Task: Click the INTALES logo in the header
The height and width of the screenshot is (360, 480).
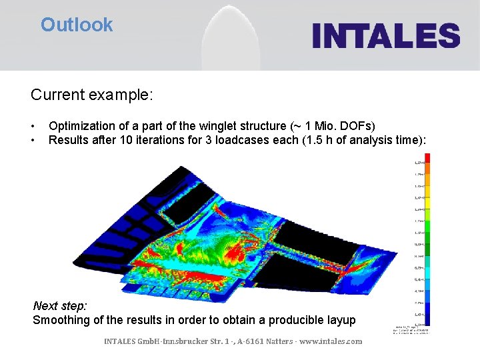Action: pyautogui.click(x=386, y=35)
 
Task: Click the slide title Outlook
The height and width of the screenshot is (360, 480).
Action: pyautogui.click(x=77, y=25)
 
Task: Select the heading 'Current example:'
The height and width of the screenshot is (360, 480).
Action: pyautogui.click(x=92, y=95)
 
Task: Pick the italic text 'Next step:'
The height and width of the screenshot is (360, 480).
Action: pyautogui.click(x=60, y=306)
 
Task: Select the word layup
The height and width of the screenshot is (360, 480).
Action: pyautogui.click(x=340, y=320)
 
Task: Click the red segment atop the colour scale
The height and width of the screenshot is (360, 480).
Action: pyautogui.click(x=427, y=158)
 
